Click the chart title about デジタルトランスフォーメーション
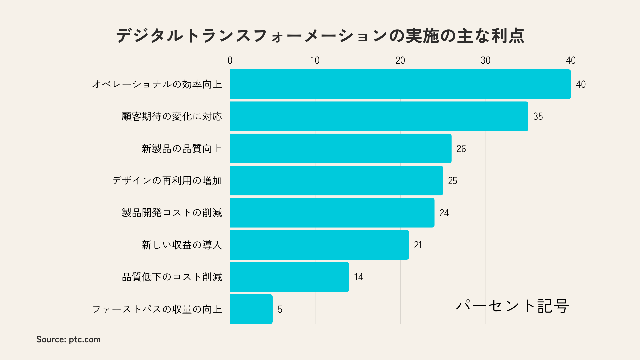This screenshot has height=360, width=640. click(x=320, y=36)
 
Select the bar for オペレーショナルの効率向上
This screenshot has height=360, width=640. click(x=400, y=84)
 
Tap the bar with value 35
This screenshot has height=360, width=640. click(x=379, y=116)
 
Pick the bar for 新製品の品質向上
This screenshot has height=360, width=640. click(x=341, y=148)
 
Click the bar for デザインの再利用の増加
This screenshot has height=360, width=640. click(x=336, y=181)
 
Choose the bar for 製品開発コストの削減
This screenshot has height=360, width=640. click(x=332, y=213)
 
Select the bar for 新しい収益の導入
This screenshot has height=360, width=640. click(x=319, y=245)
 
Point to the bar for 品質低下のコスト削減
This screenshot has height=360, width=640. click(x=289, y=277)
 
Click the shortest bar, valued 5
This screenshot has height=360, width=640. click(x=251, y=309)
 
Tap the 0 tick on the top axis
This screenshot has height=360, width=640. click(x=230, y=60)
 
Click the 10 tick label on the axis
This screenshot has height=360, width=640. click(x=315, y=60)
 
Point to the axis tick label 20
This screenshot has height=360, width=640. click(x=400, y=60)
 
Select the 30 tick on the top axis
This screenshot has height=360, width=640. click(x=485, y=60)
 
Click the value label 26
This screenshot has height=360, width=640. click(x=461, y=149)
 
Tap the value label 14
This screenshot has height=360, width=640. click(x=358, y=277)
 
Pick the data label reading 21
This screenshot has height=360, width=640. click(x=418, y=245)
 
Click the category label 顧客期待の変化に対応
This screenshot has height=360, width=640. click(x=172, y=116)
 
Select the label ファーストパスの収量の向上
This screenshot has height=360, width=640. click(x=157, y=309)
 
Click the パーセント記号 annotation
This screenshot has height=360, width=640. click(x=512, y=306)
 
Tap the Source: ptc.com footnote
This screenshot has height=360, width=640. click(x=68, y=339)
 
